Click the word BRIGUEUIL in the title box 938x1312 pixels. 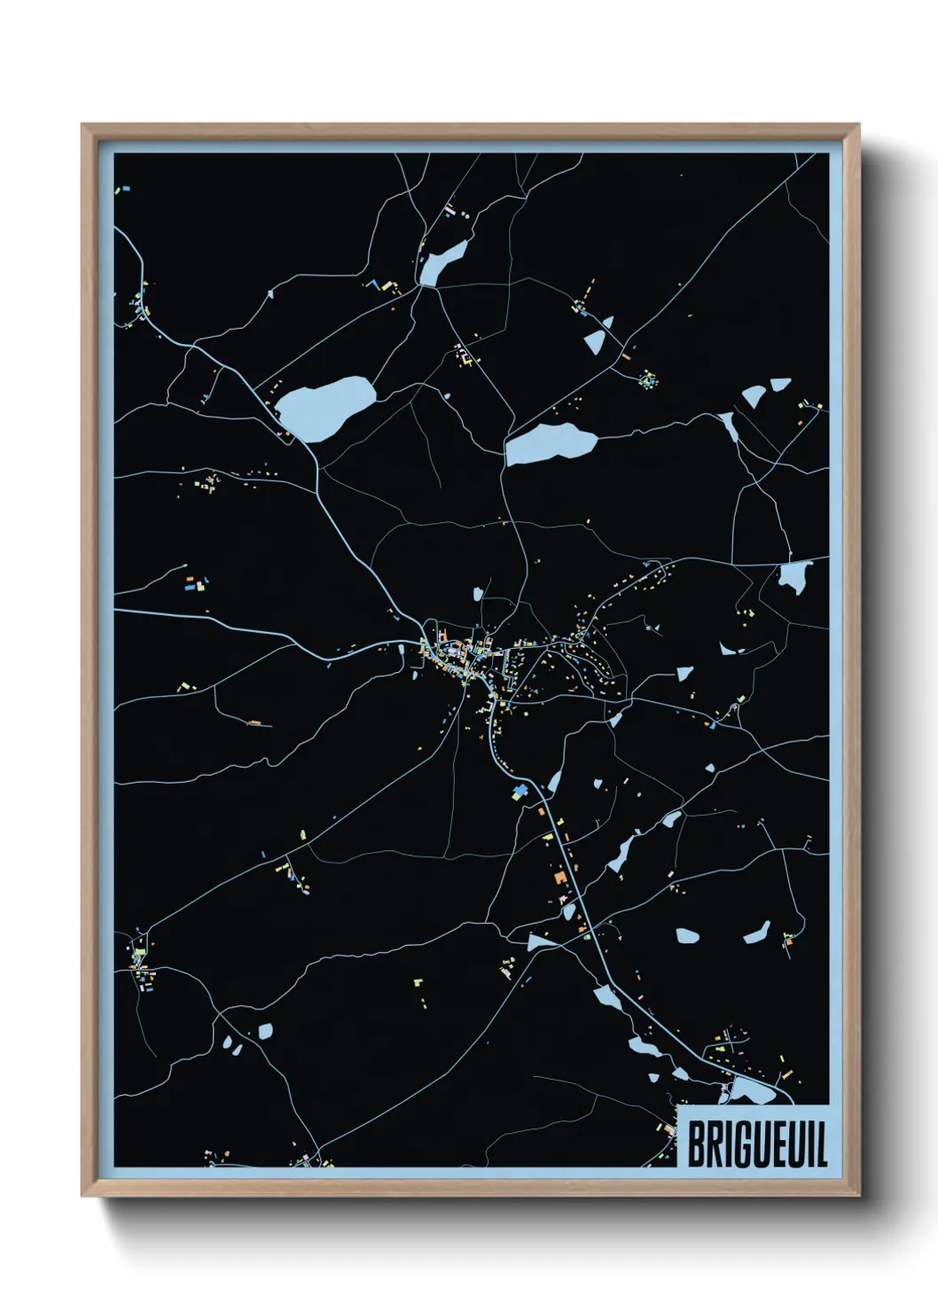[756, 1144]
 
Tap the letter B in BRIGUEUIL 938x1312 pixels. [695, 1144]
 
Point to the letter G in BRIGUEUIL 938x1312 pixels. [740, 1144]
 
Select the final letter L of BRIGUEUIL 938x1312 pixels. [821, 1144]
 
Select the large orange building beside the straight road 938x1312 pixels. [559, 877]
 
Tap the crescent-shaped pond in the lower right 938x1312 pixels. [757, 933]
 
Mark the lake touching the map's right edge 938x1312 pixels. [793, 577]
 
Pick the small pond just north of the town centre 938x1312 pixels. [478, 592]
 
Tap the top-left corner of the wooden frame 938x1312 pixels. [82, 125]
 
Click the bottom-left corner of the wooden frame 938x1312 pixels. [82, 1196]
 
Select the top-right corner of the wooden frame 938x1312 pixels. [859, 125]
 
